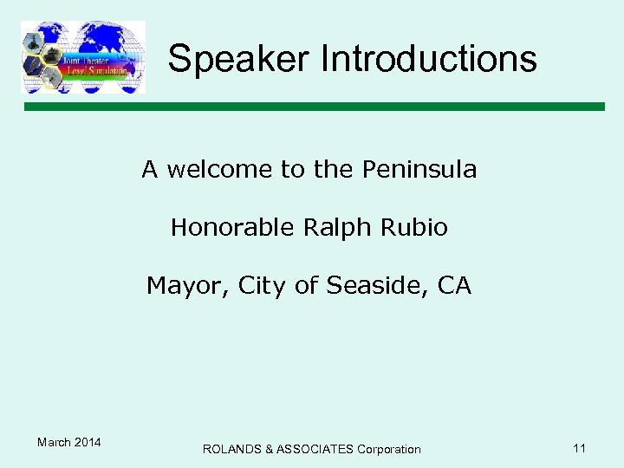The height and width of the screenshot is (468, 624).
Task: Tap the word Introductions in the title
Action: point(429,59)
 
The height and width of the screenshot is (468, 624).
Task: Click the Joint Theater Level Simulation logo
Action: point(83,57)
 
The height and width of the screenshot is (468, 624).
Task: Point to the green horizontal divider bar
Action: point(313,107)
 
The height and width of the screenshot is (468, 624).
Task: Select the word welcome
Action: point(220,169)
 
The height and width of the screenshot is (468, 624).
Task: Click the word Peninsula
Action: point(419,169)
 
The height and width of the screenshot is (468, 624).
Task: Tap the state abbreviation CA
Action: point(455,285)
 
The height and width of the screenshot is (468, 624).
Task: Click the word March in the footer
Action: point(54,443)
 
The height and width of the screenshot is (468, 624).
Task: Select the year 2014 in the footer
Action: point(88,443)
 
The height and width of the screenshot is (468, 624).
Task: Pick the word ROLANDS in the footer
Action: point(232,449)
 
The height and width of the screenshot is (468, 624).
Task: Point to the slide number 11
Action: point(580,448)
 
